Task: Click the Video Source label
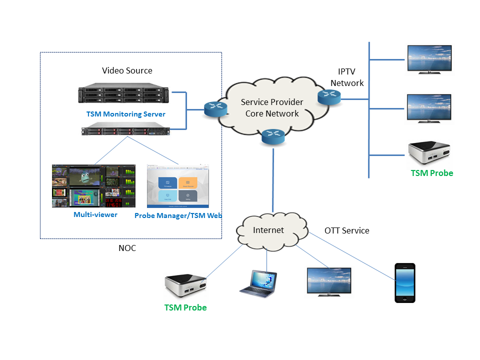coord(127,70)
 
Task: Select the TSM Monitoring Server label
coord(125,114)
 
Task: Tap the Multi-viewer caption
coord(95,214)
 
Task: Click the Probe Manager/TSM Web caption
coord(178,215)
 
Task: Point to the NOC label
coord(127,248)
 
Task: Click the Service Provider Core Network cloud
coord(272,108)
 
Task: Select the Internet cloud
coord(268,230)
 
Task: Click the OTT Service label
coord(347,230)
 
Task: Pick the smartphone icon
coord(404,282)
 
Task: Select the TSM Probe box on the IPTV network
coord(429,153)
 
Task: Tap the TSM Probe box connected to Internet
coord(185,286)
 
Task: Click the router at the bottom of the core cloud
coord(273,136)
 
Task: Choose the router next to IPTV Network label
coord(329,96)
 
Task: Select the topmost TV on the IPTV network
coord(429,59)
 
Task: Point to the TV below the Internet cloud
coord(328,281)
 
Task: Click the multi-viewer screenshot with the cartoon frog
coord(93,186)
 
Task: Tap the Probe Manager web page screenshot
coord(178,186)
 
